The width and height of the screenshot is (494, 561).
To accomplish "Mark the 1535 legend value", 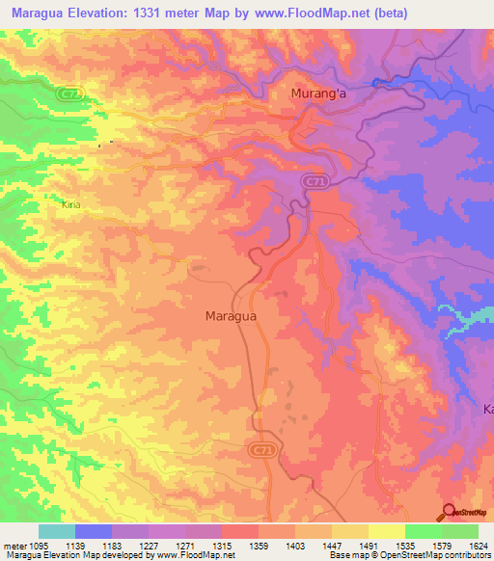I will pos(425,546).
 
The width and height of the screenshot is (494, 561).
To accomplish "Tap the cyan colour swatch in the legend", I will pos(56,531).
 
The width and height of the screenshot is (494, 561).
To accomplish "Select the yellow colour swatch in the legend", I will pos(386,531).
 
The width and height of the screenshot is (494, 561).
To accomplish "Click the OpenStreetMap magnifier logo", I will pos(450,512).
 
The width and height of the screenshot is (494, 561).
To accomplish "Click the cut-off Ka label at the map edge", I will pos(487,409).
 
